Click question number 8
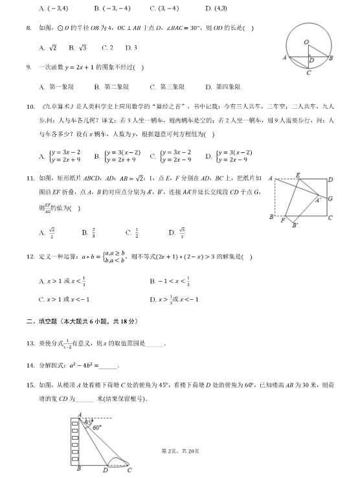tap(28, 28)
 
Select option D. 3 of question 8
tap(131, 48)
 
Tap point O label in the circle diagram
tap(306, 41)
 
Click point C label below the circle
tap(309, 73)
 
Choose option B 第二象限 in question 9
tap(112, 87)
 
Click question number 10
tap(29, 107)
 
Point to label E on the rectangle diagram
tap(297, 176)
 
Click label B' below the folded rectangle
tap(295, 225)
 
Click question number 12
tap(29, 257)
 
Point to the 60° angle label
tap(97, 428)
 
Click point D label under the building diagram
tap(105, 470)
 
